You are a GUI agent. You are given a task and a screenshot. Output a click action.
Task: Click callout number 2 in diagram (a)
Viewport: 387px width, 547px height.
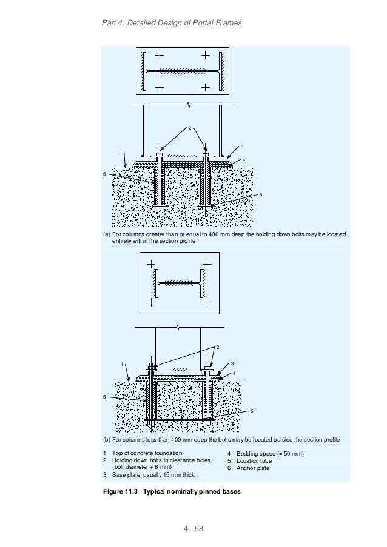pos(189,128)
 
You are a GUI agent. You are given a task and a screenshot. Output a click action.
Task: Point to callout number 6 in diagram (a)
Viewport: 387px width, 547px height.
pos(261,194)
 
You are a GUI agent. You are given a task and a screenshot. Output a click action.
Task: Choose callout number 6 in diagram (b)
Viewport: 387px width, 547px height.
pos(252,411)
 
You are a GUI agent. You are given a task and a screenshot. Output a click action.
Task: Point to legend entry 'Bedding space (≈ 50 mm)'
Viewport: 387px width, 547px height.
pos(269,453)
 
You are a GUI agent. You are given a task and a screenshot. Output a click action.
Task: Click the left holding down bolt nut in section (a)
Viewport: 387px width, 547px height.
pos(159,153)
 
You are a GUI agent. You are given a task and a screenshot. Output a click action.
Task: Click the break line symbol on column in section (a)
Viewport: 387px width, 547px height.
pos(190,105)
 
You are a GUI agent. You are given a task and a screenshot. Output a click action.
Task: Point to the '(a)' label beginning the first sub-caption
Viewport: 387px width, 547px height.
pos(106,234)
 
